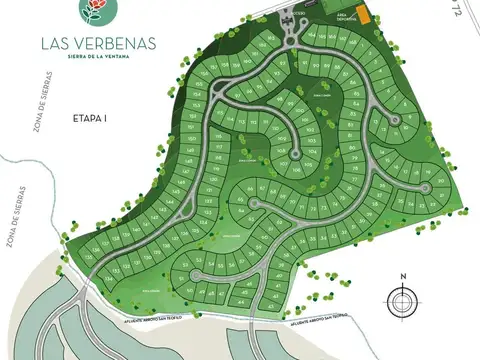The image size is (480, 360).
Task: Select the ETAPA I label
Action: click(x=90, y=118)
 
